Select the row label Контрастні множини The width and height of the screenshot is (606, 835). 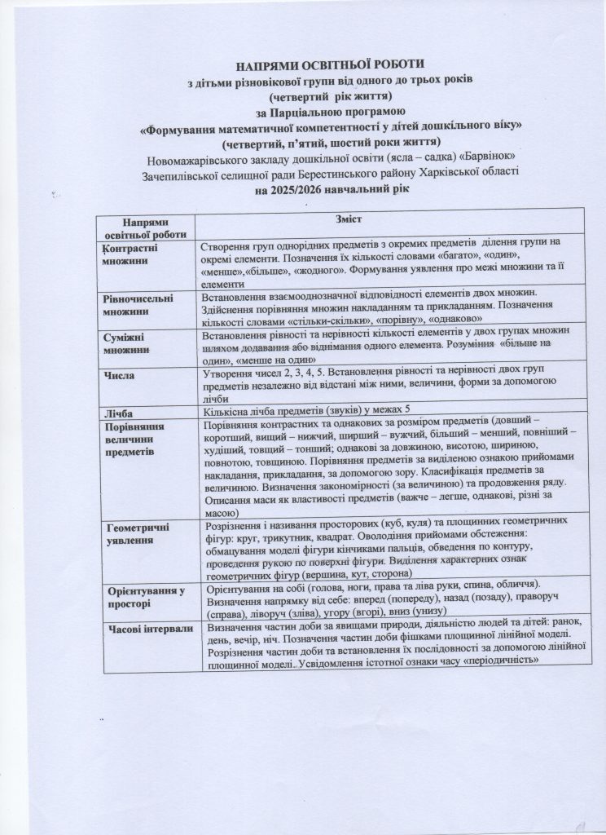(130, 254)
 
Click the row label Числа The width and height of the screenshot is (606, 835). (119, 375)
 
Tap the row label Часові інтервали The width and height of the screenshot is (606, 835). (152, 629)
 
